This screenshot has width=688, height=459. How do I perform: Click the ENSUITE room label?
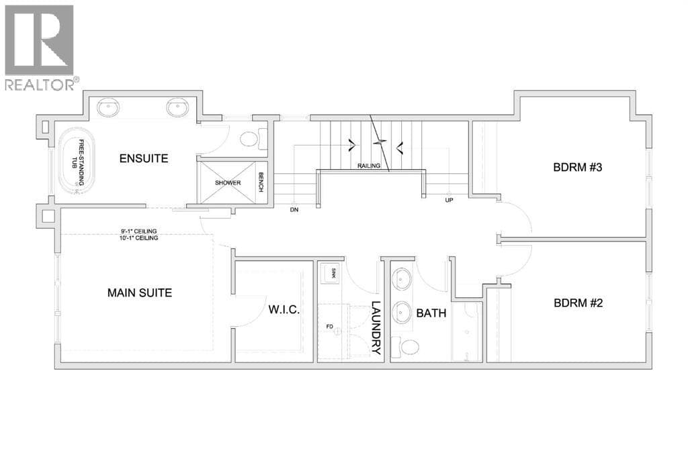144,158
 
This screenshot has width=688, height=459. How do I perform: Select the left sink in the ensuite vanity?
108,107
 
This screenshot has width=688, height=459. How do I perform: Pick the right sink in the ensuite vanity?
177,107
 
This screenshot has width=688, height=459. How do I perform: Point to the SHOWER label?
228,183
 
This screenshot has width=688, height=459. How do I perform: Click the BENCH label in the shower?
261,182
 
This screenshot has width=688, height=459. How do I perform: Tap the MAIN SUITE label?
140,293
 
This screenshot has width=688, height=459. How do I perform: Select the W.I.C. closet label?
284,310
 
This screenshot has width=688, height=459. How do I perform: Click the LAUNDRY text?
376,327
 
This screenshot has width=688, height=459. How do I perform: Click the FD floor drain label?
329,327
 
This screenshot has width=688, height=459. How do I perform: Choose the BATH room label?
431,313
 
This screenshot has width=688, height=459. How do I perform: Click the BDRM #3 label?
577,167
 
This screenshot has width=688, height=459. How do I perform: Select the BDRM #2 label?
578,303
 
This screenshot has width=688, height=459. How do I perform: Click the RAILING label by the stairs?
369,166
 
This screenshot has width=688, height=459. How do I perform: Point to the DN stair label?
294,209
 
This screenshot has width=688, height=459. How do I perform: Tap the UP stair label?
449,200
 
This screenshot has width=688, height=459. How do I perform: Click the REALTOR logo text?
40,84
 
